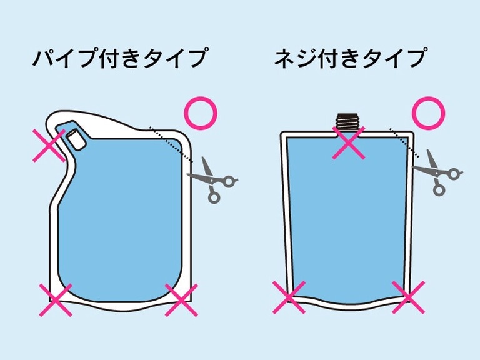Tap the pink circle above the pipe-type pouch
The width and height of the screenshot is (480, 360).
point(201,113)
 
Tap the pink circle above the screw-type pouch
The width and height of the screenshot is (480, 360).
point(428,113)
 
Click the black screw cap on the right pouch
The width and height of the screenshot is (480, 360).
point(349,121)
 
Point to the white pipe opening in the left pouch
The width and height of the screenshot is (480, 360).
point(76,139)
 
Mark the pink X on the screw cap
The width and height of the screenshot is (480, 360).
point(349,142)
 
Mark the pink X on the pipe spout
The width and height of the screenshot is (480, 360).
point(49,145)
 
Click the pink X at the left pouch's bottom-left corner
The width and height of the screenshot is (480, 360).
point(56,300)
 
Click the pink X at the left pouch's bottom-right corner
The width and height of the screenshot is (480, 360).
point(181,300)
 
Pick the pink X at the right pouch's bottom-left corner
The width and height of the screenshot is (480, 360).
point(289,297)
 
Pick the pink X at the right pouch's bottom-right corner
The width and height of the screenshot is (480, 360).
point(408,297)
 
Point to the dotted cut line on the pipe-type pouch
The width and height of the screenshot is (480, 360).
point(171,144)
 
